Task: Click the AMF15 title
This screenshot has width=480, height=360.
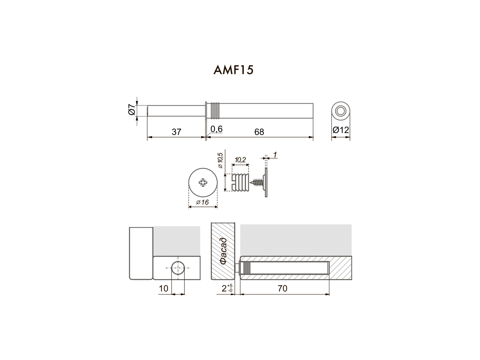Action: click(x=233, y=70)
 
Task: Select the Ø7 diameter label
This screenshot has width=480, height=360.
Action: click(x=132, y=110)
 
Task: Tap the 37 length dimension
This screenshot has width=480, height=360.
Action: click(x=176, y=132)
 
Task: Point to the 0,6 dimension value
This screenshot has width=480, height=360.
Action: click(x=216, y=129)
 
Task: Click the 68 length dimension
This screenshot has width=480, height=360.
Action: click(x=259, y=132)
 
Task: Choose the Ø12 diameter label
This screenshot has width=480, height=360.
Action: click(x=341, y=130)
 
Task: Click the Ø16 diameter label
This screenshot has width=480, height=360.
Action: click(x=202, y=202)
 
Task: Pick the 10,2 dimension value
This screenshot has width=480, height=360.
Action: click(x=240, y=160)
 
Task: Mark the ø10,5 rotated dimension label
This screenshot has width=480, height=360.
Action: click(x=220, y=160)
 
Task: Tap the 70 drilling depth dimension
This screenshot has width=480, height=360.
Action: click(x=282, y=289)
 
